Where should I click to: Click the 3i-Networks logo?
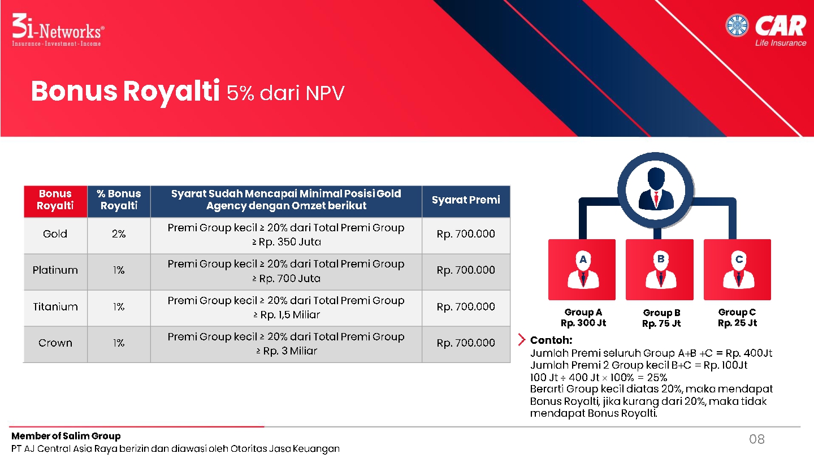58,30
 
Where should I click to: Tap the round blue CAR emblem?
737,25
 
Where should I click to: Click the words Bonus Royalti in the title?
125,91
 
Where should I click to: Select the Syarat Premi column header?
466,200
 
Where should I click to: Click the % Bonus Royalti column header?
119,200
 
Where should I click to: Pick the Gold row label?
55,234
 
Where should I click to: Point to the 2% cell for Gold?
119,234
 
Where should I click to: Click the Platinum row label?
55,270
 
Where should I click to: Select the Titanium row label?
55,307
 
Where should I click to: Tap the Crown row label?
55,343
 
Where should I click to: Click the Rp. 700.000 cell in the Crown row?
466,343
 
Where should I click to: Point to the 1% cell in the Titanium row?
119,307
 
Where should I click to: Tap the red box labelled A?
582,270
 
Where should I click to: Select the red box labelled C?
737,270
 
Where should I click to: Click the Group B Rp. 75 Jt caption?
661,318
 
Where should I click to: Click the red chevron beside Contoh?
522,339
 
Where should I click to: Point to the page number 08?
757,439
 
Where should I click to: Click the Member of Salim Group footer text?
66,436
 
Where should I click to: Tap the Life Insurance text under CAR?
781,43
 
